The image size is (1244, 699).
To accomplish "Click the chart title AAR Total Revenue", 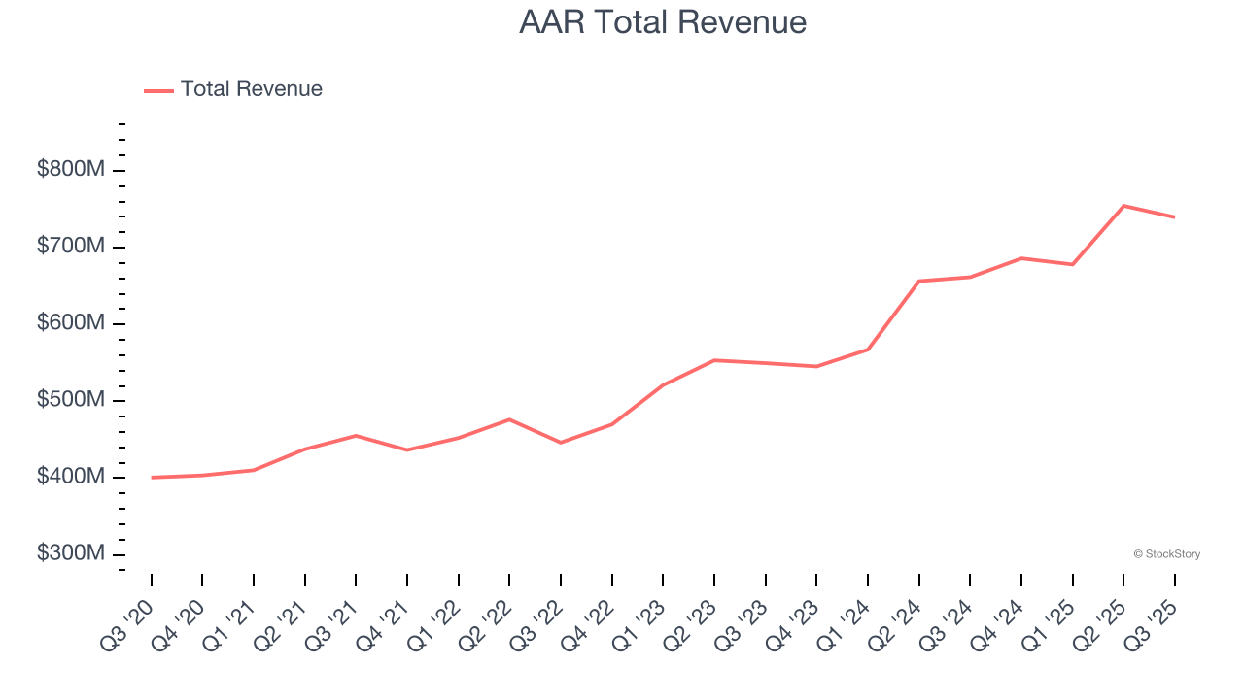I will pos(662,22).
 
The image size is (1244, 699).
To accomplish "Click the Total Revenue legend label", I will pos(251,89).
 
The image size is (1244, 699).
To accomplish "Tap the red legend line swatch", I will pos(158,90).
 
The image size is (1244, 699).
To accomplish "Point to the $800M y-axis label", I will pos(71,170).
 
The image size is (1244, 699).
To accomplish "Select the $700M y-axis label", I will pos(71,247).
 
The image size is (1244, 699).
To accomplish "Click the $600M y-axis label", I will pos(71,323).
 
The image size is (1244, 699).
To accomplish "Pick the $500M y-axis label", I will pos(71,400).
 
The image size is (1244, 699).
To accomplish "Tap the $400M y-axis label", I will pos(71,477).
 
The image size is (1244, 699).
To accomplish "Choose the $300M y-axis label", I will pos(71,553).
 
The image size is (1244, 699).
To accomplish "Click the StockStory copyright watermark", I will pos(1166,554).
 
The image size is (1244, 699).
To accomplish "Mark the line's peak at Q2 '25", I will pos(1123,206).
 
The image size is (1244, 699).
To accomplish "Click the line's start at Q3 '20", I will pos(152,478).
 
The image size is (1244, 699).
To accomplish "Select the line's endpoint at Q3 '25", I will pos(1175,217).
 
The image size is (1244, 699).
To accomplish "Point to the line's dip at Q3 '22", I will pos(561,443).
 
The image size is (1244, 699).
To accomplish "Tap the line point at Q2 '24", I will pos(918,282).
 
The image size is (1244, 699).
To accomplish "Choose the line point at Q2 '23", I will pos(714,360).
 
